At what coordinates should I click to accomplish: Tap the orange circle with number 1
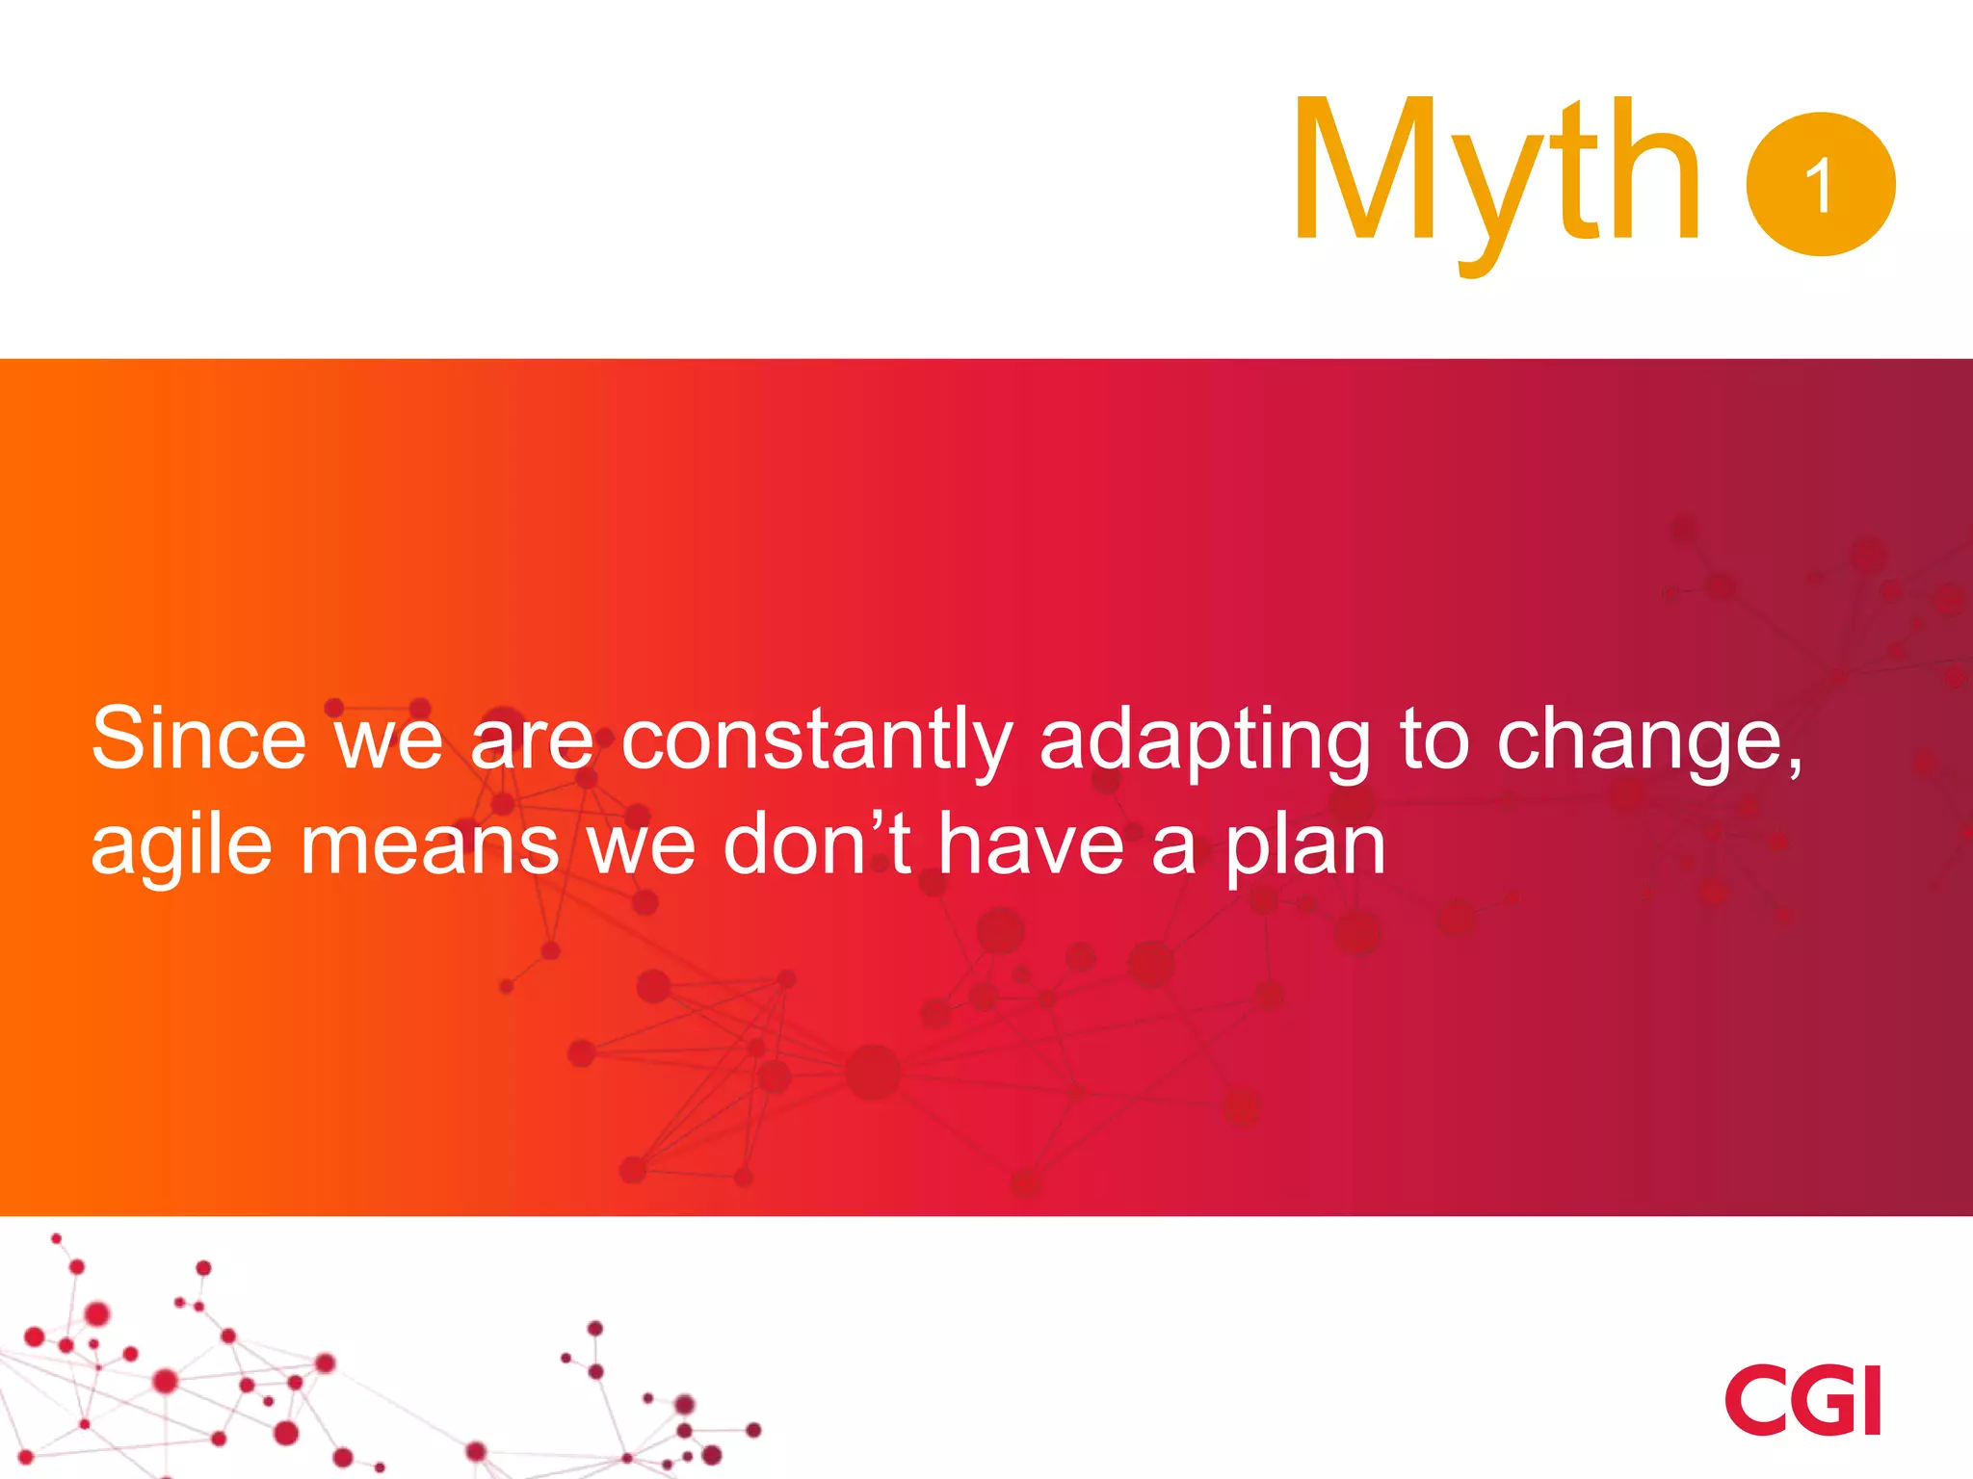coord(1820,184)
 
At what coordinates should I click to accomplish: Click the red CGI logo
coord(1802,1400)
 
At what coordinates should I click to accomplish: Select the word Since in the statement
coord(198,739)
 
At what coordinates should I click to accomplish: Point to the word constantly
coord(817,739)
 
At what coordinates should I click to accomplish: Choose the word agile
coord(181,845)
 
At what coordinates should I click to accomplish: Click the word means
coord(430,845)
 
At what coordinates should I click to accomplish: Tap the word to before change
coord(1434,739)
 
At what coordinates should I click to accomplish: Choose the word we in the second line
coord(641,845)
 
